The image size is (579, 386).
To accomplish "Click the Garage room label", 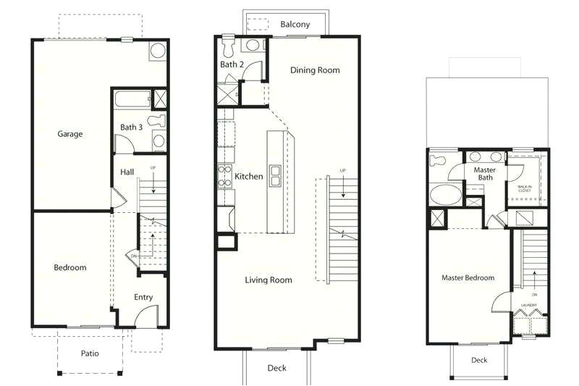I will click(70, 134).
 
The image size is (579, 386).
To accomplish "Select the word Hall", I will click(127, 172).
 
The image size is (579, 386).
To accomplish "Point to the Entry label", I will click(143, 297).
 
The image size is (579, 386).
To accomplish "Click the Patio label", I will click(90, 353).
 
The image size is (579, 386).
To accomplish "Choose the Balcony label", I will click(295, 25).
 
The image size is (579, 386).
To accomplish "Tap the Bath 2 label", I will click(231, 65).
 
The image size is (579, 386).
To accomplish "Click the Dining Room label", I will click(315, 70).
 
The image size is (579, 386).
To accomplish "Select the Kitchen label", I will click(249, 177).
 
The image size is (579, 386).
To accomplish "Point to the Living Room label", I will click(269, 280).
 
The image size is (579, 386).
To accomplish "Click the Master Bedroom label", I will click(468, 278).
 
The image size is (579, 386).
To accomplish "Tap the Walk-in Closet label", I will click(524, 188).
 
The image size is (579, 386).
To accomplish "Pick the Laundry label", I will click(528, 306).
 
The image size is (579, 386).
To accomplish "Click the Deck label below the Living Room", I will click(276, 368).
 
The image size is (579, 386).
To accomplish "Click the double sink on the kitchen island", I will click(276, 176).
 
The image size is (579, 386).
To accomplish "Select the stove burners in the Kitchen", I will click(224, 177).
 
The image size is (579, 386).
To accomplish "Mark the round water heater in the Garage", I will click(157, 51).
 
